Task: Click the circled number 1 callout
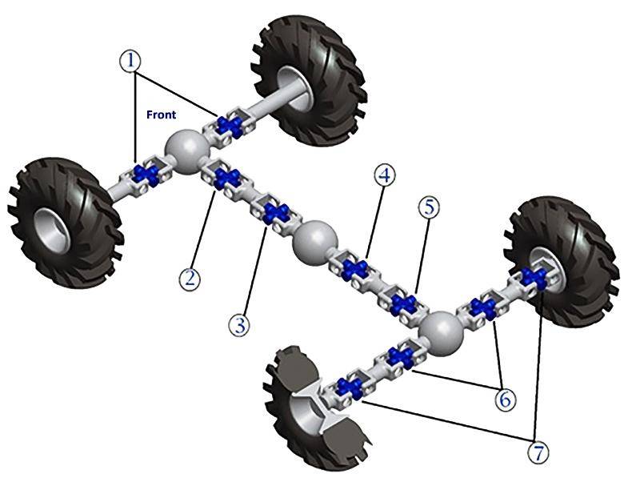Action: pos(130,61)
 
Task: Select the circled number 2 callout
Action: pos(190,279)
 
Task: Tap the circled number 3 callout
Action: pos(239,326)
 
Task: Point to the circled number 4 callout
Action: pos(385,175)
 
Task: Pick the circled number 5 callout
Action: pos(429,207)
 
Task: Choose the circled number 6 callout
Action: pos(506,399)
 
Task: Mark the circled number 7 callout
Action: pos(538,452)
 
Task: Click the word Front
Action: pos(162,114)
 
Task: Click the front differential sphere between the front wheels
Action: pos(187,151)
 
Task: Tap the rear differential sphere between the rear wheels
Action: pos(442,334)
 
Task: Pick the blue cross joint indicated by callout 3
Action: pos(276,213)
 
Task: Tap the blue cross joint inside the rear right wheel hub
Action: pos(533,278)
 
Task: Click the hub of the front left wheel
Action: pos(52,230)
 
